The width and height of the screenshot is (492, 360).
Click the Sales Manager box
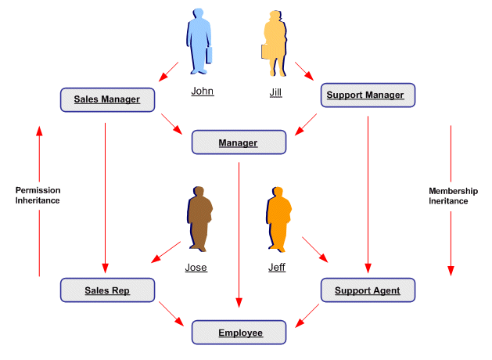pos(107,99)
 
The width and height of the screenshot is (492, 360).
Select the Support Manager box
pos(365,95)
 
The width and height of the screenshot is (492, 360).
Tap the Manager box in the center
pos(239,142)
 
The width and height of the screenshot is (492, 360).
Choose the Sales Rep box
pos(107,291)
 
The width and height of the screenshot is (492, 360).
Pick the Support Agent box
pos(367,290)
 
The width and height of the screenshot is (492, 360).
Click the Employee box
pos(240,333)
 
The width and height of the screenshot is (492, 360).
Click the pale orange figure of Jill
pos(277,43)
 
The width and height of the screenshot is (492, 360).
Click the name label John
pos(202,91)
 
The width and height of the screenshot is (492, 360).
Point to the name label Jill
pos(275,92)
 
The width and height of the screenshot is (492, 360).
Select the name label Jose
pos(196,267)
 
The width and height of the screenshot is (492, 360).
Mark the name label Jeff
pos(276,267)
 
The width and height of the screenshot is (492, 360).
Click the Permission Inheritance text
pos(38,195)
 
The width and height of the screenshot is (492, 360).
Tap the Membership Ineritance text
pos(453,196)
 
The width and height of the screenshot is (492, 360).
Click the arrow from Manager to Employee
pos(239,235)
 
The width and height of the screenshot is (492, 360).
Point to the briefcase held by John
pos(210,55)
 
